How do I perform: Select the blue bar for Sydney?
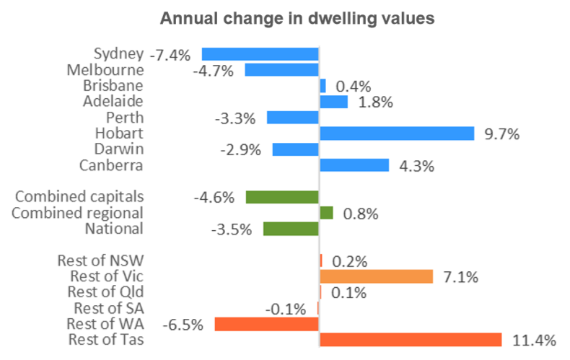[260, 54]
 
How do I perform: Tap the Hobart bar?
[396, 133]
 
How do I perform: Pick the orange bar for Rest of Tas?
[410, 340]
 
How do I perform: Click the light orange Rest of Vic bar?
[376, 276]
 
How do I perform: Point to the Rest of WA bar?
[266, 324]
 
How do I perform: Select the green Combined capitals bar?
[282, 197]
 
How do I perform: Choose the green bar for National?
[291, 229]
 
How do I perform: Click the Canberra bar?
[354, 165]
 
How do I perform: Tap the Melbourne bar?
[281, 70]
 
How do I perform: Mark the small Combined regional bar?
[326, 213]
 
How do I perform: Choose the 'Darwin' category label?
[119, 149]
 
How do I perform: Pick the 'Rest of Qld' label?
[105, 291]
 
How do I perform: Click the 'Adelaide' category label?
[114, 101]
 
